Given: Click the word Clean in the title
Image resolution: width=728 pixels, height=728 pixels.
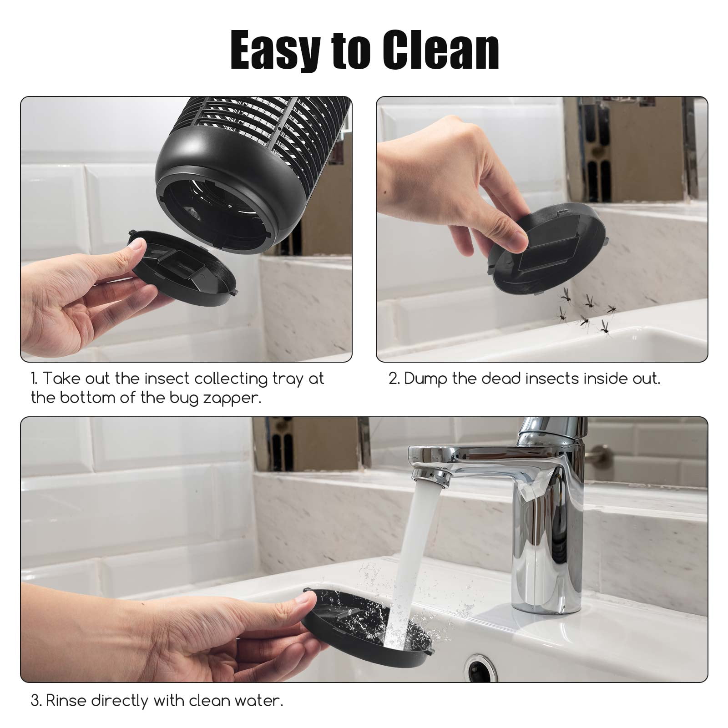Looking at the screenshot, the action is pos(440,51).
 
